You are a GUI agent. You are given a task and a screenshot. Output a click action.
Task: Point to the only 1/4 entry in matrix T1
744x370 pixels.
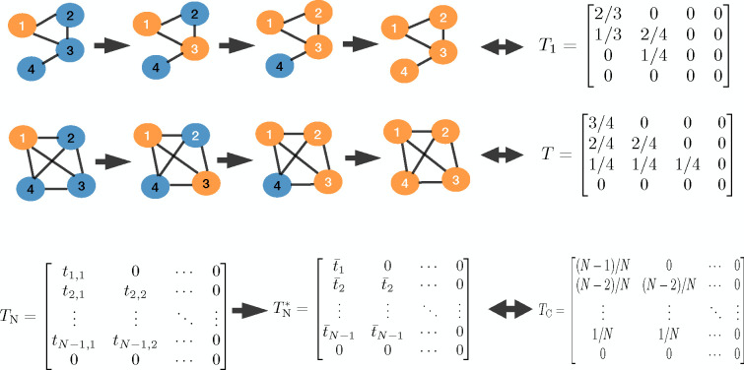pyautogui.click(x=653, y=55)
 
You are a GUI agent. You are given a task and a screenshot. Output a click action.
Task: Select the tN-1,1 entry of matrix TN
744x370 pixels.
pyautogui.click(x=73, y=340)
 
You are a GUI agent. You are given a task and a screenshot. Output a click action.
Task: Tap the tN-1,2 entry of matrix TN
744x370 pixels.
pyautogui.click(x=135, y=340)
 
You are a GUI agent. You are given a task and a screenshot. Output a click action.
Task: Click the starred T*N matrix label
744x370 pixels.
pyautogui.click(x=285, y=310)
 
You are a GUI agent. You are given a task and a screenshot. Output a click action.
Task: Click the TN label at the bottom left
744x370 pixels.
pyautogui.click(x=12, y=315)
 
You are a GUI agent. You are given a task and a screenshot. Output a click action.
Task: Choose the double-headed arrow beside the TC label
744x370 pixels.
pyautogui.click(x=510, y=310)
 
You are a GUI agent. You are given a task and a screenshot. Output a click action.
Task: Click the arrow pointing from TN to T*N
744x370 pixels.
pyautogui.click(x=249, y=310)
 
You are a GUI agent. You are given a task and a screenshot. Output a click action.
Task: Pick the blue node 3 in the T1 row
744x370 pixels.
pyautogui.click(x=70, y=49)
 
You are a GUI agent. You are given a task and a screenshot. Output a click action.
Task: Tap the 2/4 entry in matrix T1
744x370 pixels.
pyautogui.click(x=653, y=34)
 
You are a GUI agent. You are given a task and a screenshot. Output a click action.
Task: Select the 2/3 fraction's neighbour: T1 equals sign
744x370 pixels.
pyautogui.click(x=571, y=47)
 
